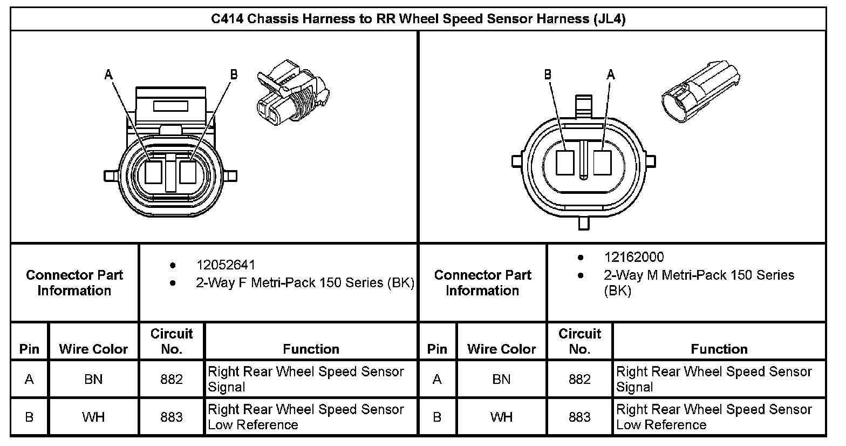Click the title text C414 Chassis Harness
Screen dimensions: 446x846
(418, 19)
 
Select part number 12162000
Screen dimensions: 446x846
(633, 258)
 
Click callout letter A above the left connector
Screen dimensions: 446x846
(109, 75)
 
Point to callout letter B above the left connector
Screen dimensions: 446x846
(234, 75)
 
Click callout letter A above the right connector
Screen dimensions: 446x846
(611, 75)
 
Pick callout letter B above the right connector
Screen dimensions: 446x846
(548, 75)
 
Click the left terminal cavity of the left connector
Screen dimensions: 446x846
(154, 173)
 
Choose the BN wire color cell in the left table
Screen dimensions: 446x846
(93, 380)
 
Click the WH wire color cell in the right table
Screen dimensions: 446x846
(501, 417)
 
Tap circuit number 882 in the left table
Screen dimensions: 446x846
(172, 380)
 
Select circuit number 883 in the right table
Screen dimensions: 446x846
(579, 417)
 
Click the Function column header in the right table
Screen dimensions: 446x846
(719, 349)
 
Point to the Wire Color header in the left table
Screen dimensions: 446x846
(93, 349)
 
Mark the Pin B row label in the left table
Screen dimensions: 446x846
(29, 417)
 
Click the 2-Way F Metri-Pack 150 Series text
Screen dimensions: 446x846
(305, 283)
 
